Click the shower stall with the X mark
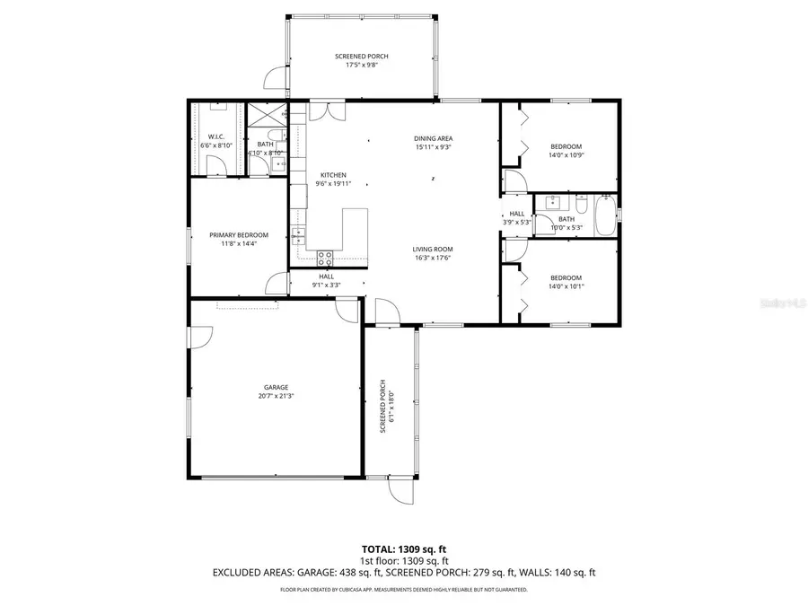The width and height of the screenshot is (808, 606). coord(265,116)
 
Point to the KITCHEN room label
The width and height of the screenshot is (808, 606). coord(333,175)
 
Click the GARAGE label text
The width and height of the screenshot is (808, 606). coord(276,387)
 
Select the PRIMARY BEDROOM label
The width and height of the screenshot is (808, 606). coord(239,235)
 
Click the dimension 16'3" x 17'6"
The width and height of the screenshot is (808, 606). coord(432,258)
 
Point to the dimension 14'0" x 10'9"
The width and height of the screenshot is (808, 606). coord(566,155)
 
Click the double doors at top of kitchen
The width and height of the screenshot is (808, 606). coord(325,111)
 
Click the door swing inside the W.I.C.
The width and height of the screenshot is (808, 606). coord(215,165)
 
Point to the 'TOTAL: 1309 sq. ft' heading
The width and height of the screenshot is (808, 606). coord(403,548)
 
